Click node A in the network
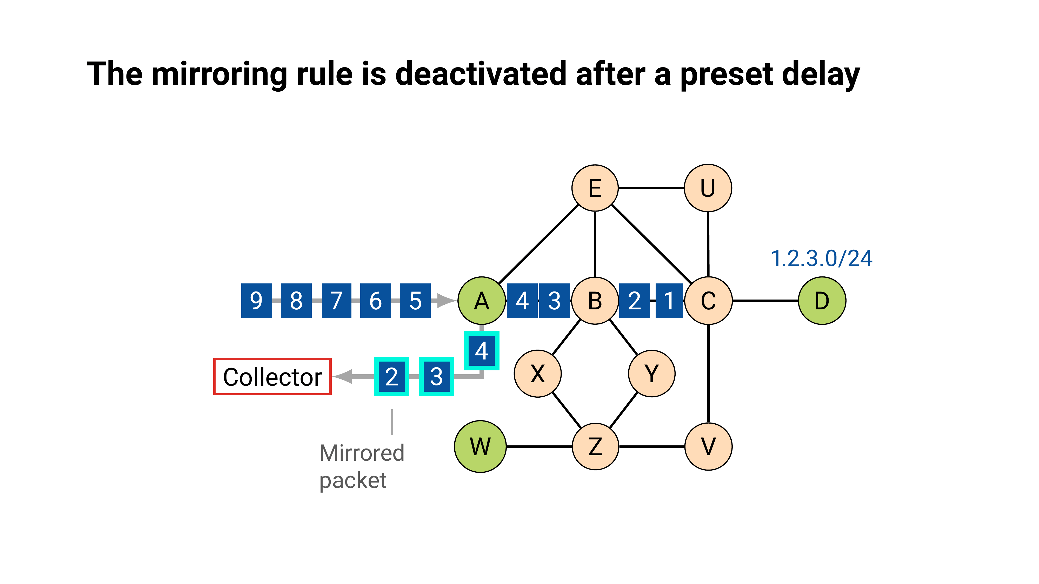482,301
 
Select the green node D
822,301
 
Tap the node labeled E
595,188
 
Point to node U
708,188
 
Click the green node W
480,446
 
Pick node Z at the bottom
595,446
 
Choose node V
708,446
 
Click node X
537,374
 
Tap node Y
651,374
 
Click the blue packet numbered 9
257,301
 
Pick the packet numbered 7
336,301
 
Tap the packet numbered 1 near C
669,301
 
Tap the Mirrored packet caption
361,466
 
